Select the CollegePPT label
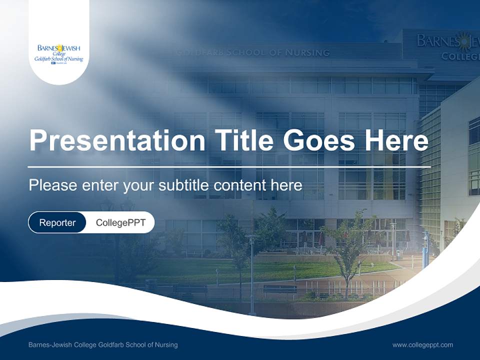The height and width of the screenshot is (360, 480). coord(120,222)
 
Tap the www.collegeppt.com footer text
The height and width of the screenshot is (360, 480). coord(422,344)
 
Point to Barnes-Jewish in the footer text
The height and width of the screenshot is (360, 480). coord(50,344)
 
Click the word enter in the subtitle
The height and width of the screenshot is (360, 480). coord(100,185)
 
